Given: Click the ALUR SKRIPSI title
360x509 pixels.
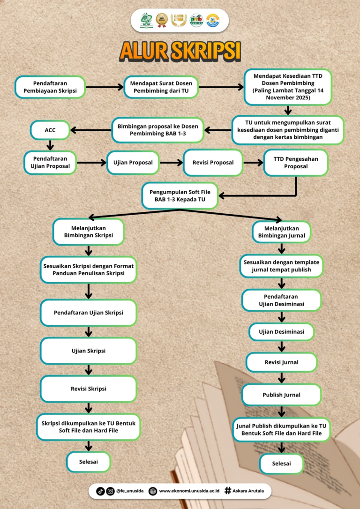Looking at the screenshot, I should (x=180, y=51).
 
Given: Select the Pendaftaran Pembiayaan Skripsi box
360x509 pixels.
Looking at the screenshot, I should (x=50, y=87).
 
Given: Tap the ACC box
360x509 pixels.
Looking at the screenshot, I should (x=50, y=130).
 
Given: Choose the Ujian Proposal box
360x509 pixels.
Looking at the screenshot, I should (x=133, y=163).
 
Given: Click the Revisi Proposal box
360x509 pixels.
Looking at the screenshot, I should (x=213, y=163).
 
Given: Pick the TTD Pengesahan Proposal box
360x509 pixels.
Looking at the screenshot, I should (x=296, y=163).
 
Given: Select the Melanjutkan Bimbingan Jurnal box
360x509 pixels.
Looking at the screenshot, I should (x=282, y=232).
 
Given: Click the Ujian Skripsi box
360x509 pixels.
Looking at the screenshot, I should (x=88, y=351).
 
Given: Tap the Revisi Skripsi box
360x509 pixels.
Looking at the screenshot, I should (x=88, y=389).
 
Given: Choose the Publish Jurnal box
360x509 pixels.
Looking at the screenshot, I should (x=281, y=395).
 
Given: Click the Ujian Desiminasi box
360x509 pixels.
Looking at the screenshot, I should (x=281, y=331).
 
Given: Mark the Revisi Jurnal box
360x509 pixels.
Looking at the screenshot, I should (x=281, y=362).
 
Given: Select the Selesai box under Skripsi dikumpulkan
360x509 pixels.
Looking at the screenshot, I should (x=88, y=462).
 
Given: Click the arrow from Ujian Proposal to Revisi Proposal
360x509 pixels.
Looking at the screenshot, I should (x=171, y=163).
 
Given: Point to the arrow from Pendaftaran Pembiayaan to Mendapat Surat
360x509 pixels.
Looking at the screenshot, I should (x=104, y=87).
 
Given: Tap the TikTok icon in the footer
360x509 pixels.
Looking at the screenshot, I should (x=100, y=491).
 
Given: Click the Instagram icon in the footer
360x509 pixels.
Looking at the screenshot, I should (x=111, y=491).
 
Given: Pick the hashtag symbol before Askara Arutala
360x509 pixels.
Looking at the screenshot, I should (x=228, y=491).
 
